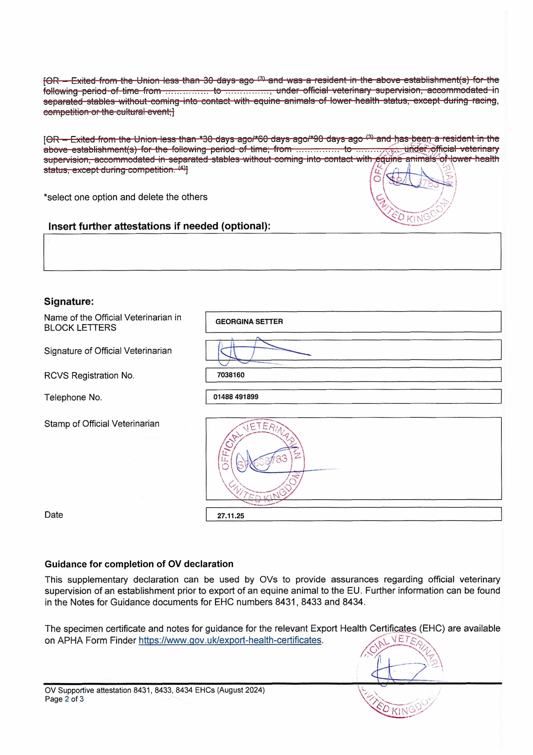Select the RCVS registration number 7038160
click(x=231, y=375)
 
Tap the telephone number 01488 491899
click(x=236, y=397)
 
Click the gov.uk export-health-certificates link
click(x=230, y=640)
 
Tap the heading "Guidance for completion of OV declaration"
click(x=139, y=564)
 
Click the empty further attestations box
click(x=272, y=252)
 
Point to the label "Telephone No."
click(x=73, y=398)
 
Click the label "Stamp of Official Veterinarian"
click(x=102, y=424)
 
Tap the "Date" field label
click(x=54, y=515)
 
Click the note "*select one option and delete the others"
click(x=126, y=197)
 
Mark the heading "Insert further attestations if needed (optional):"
click(x=159, y=226)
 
